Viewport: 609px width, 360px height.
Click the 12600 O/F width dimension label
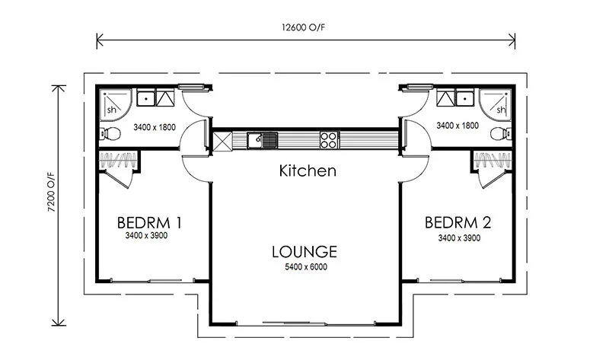pyautogui.click(x=308, y=29)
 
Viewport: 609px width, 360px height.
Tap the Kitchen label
pyautogui.click(x=307, y=170)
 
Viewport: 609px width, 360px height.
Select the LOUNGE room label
pyautogui.click(x=304, y=252)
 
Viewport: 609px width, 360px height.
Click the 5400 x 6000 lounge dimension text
pyautogui.click(x=305, y=267)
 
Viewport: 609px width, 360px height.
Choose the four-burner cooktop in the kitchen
pyautogui.click(x=329, y=139)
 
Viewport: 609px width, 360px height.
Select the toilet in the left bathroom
pyautogui.click(x=110, y=135)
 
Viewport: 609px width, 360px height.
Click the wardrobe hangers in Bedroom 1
pyautogui.click(x=119, y=160)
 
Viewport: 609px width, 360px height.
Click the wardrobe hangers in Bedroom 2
pyautogui.click(x=492, y=160)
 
